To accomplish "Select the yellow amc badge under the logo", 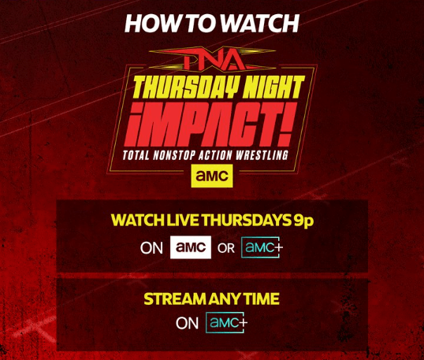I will pyautogui.click(x=212, y=176).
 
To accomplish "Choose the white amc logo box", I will pyautogui.click(x=191, y=247).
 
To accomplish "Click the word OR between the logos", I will pyautogui.click(x=226, y=248).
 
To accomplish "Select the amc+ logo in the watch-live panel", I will pyautogui.click(x=262, y=247).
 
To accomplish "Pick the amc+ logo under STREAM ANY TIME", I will pyautogui.click(x=227, y=322).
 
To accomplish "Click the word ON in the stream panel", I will pyautogui.click(x=188, y=323).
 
